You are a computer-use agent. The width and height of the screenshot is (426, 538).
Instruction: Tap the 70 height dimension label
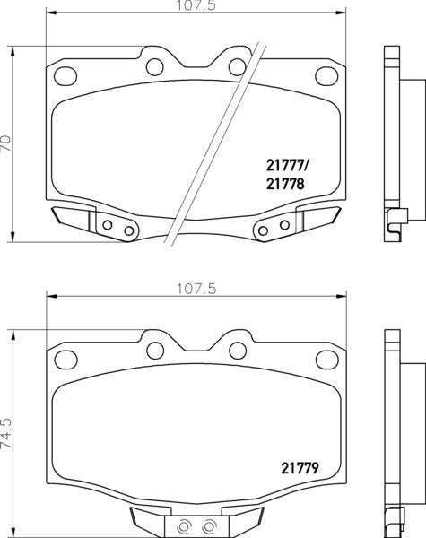(x=7, y=143)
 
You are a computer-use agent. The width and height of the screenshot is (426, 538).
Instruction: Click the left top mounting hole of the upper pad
(x=153, y=65)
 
